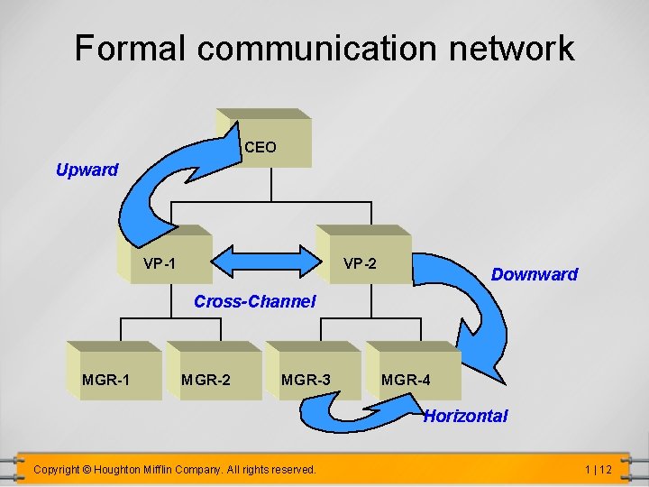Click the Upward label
point(87,170)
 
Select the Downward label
point(534,274)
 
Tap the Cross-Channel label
point(255,301)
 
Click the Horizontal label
point(465,416)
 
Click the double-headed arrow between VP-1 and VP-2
point(264,262)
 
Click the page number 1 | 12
point(598,469)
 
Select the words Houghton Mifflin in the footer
point(150,469)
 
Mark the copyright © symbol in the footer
point(87,469)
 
